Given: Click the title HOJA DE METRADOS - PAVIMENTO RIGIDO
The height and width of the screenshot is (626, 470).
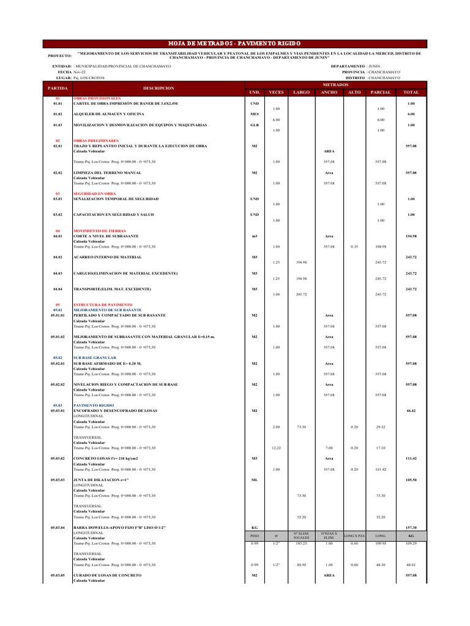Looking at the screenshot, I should (x=235, y=44).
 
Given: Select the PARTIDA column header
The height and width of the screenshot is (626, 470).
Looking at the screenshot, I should (x=58, y=88).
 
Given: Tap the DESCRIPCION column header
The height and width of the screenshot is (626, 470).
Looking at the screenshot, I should (x=154, y=88).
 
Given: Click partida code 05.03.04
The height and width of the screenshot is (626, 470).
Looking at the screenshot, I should (x=58, y=526).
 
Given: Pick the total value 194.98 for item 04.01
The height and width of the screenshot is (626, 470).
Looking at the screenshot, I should (x=411, y=236).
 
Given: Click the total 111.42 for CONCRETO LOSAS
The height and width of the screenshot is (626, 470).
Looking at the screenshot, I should (x=411, y=458).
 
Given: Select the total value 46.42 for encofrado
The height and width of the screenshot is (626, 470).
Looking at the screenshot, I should (x=411, y=411).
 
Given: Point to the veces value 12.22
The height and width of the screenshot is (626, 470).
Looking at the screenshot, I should (x=276, y=448).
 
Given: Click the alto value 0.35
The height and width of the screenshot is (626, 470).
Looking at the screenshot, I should (x=354, y=246).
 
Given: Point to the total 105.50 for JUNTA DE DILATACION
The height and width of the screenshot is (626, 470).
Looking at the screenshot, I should (x=411, y=480).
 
